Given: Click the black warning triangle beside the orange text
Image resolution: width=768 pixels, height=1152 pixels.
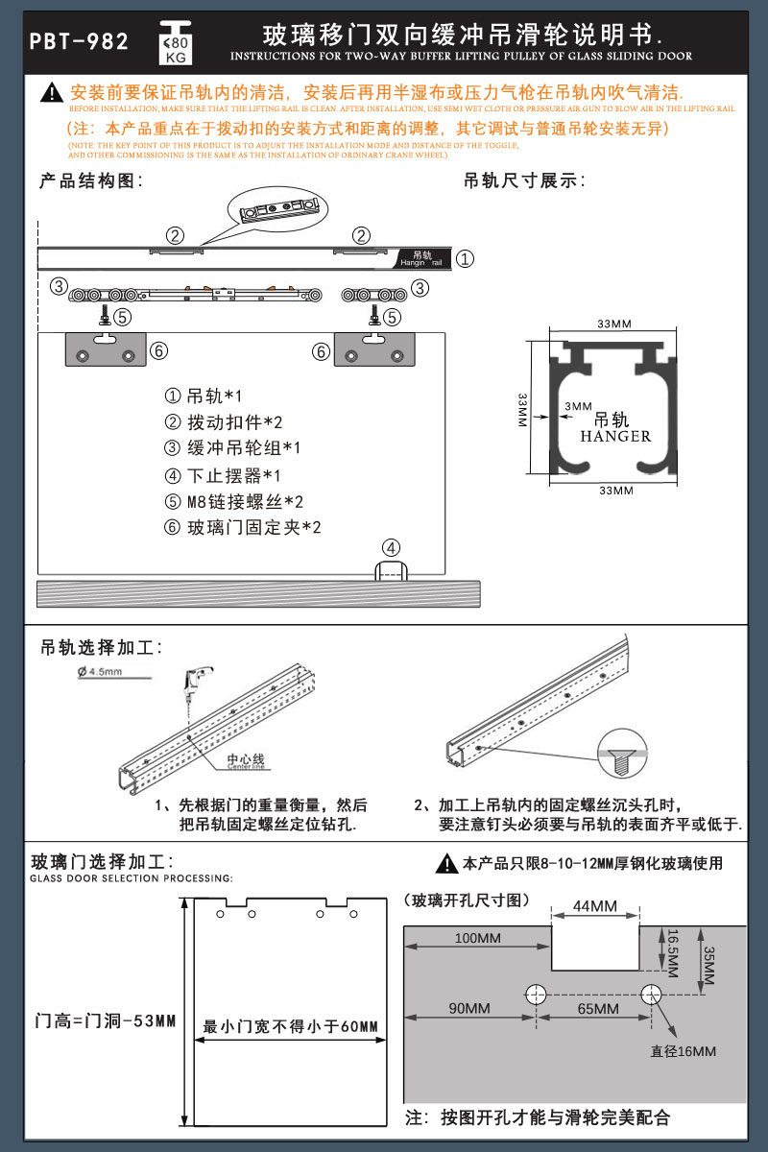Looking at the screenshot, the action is click(53, 94).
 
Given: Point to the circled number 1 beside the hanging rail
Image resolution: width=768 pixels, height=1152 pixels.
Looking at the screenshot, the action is click(464, 259).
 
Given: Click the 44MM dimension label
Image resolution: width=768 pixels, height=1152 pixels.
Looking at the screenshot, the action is click(595, 906).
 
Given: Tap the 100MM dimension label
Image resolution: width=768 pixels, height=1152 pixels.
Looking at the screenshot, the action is click(476, 937).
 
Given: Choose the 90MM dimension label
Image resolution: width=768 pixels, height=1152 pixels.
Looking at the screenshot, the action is click(469, 1008).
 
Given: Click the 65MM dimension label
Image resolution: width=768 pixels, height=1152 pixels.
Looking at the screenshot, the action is click(597, 1008).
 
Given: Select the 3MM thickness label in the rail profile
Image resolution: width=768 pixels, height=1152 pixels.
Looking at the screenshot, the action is click(578, 406).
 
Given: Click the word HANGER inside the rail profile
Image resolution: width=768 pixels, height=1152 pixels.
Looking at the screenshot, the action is click(615, 437).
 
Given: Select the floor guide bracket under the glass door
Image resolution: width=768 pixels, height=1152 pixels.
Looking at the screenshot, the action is click(390, 573).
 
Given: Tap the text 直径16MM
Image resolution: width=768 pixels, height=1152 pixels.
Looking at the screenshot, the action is click(683, 1051).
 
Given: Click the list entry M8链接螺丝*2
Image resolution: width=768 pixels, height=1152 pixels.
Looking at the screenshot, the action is click(234, 501).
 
